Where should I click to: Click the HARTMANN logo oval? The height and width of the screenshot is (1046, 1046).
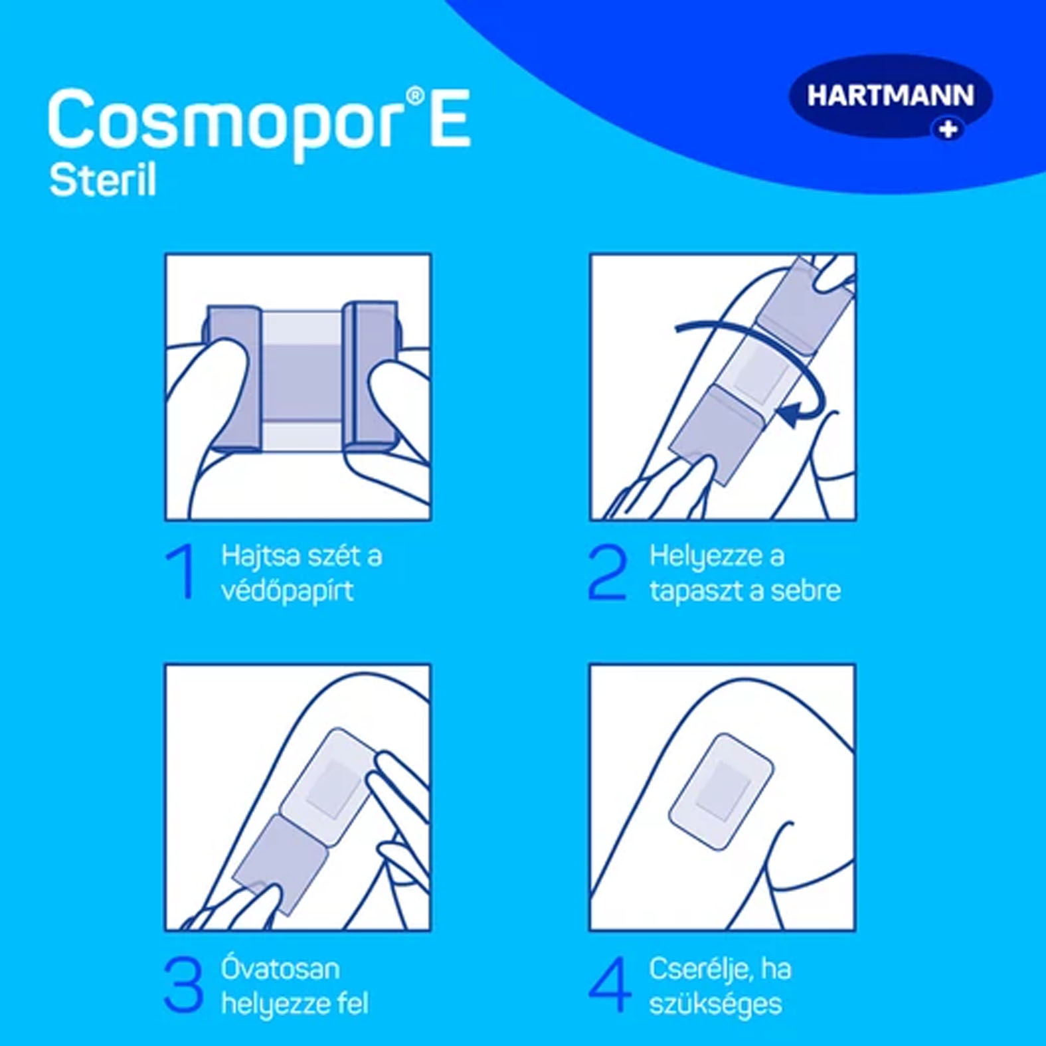pos(891,96)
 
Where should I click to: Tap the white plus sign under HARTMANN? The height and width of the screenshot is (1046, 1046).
pos(948,128)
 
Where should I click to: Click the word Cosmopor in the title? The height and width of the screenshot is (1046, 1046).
pos(226,124)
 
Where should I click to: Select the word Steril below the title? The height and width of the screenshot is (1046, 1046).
pos(103,180)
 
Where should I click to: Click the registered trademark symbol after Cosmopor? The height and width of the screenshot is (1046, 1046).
pos(414,97)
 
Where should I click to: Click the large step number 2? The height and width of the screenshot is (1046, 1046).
pos(607,572)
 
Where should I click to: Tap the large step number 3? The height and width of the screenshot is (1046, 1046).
pos(183,984)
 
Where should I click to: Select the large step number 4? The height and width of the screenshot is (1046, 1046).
pos(610,984)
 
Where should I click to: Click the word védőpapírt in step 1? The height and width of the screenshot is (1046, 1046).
pos(287,590)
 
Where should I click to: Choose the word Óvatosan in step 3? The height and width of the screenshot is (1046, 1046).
pos(280,968)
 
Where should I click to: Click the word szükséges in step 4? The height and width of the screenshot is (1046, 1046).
pos(715,1005)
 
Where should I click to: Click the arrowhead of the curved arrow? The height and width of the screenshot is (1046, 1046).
pos(789,416)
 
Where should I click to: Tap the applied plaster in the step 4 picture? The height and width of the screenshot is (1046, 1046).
pos(721,791)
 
